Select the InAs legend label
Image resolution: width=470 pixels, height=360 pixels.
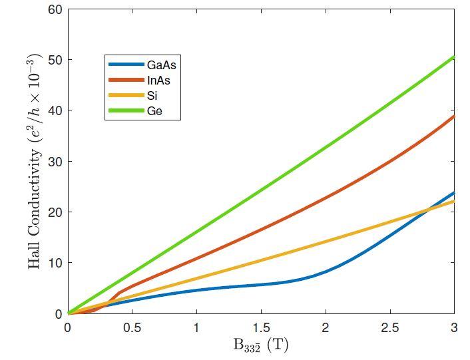tap(160, 80)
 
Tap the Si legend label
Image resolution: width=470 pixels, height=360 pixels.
tap(152, 96)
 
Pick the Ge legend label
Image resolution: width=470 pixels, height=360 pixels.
tap(154, 111)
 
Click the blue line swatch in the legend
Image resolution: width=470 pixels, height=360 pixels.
tap(126, 65)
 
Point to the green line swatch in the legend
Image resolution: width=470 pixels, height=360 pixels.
tap(126, 111)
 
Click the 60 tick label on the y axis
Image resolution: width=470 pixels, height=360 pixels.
tap(56, 9)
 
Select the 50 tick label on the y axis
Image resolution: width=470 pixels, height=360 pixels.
tap(56, 60)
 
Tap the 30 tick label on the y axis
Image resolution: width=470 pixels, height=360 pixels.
tap(56, 162)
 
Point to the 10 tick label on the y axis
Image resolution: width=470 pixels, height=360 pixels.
tap(56, 263)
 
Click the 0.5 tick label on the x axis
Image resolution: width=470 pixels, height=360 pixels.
tap(132, 327)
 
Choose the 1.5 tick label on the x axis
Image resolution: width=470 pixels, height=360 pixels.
tap(261, 327)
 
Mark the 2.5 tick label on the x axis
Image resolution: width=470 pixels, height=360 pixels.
tap(390, 327)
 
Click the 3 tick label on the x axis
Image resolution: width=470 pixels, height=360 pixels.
tap(454, 327)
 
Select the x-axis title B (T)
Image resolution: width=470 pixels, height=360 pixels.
tap(261, 345)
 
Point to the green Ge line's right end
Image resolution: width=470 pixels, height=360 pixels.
tap(453, 57)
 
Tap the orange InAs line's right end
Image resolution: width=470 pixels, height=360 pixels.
tap(453, 116)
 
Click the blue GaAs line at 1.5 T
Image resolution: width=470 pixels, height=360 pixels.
tap(261, 285)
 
